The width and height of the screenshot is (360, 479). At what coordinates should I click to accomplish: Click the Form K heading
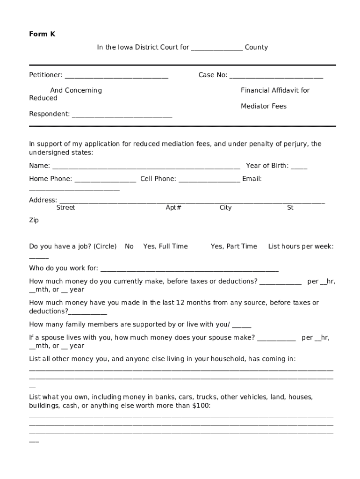click(x=42, y=34)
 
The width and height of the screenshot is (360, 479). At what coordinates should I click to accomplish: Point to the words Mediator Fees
click(x=264, y=106)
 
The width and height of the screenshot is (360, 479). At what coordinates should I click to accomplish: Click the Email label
click(x=252, y=179)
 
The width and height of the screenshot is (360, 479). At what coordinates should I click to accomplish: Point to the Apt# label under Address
click(x=173, y=208)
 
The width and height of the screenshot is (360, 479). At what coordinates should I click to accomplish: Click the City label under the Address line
click(x=225, y=208)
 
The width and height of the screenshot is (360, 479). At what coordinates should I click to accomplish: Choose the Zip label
click(x=34, y=220)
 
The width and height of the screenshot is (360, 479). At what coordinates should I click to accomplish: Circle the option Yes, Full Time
click(x=166, y=247)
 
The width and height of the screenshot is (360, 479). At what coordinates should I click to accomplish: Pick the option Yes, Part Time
click(x=234, y=247)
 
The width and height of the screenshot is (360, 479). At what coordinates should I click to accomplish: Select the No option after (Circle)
click(x=129, y=247)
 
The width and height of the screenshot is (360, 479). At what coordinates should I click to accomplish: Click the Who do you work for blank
click(x=189, y=269)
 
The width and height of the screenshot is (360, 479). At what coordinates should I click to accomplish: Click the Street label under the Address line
click(x=65, y=208)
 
